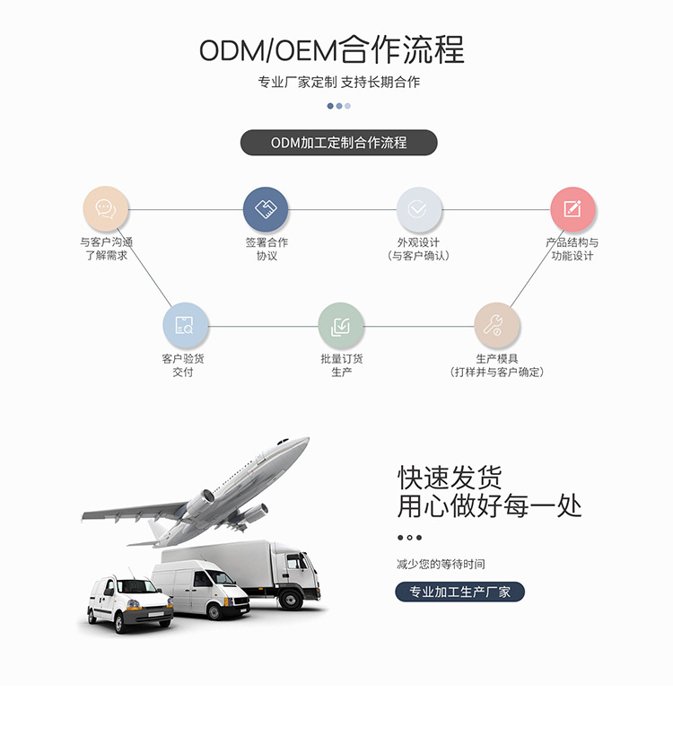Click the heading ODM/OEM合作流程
332,49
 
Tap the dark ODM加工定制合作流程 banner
338,143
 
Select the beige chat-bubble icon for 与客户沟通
106,209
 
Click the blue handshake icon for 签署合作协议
266,209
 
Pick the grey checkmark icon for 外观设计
419,209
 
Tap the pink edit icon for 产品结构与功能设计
572,209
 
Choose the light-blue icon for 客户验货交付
185,325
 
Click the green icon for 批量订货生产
341,325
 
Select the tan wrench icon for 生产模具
497,325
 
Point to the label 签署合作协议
267,249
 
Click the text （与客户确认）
418,256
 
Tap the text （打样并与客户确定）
497,372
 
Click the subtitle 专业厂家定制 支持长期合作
338,83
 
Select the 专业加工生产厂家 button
459,592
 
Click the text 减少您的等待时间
441,565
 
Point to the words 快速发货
450,477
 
